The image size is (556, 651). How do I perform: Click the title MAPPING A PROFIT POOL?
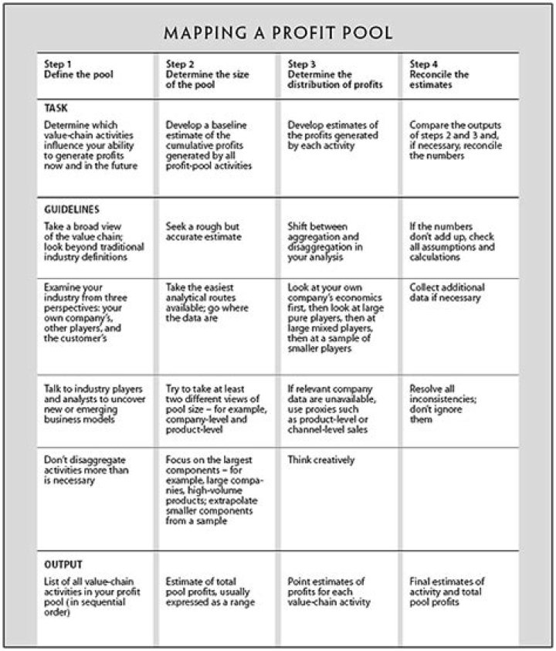(278, 33)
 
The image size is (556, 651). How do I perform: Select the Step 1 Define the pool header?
(79, 70)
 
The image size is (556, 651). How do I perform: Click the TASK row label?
(56, 109)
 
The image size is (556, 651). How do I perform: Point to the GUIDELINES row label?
(71, 209)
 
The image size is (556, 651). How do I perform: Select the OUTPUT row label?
(63, 565)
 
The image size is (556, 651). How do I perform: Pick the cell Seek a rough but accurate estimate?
(204, 232)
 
